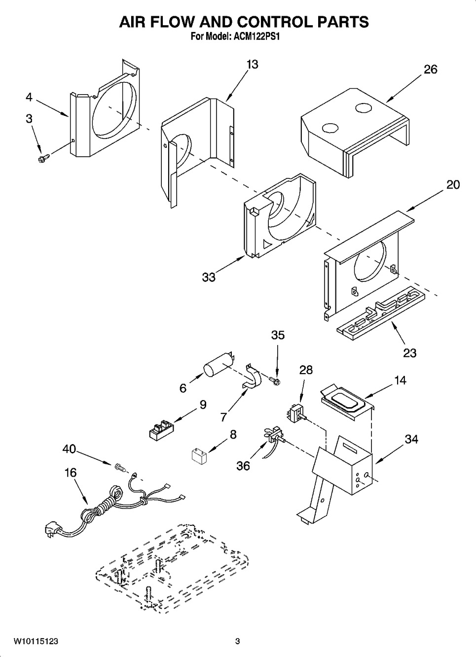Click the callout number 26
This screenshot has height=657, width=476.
pos(430,69)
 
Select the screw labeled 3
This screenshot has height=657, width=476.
pos(43,158)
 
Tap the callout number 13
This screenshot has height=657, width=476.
pos(252,64)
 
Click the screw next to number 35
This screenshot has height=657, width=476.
pos(275,381)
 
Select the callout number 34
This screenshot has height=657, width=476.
pos(411,439)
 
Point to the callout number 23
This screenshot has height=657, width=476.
pos(410,353)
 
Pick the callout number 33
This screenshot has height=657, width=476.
pos(209,277)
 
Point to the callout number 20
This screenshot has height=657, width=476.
pos(453,185)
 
